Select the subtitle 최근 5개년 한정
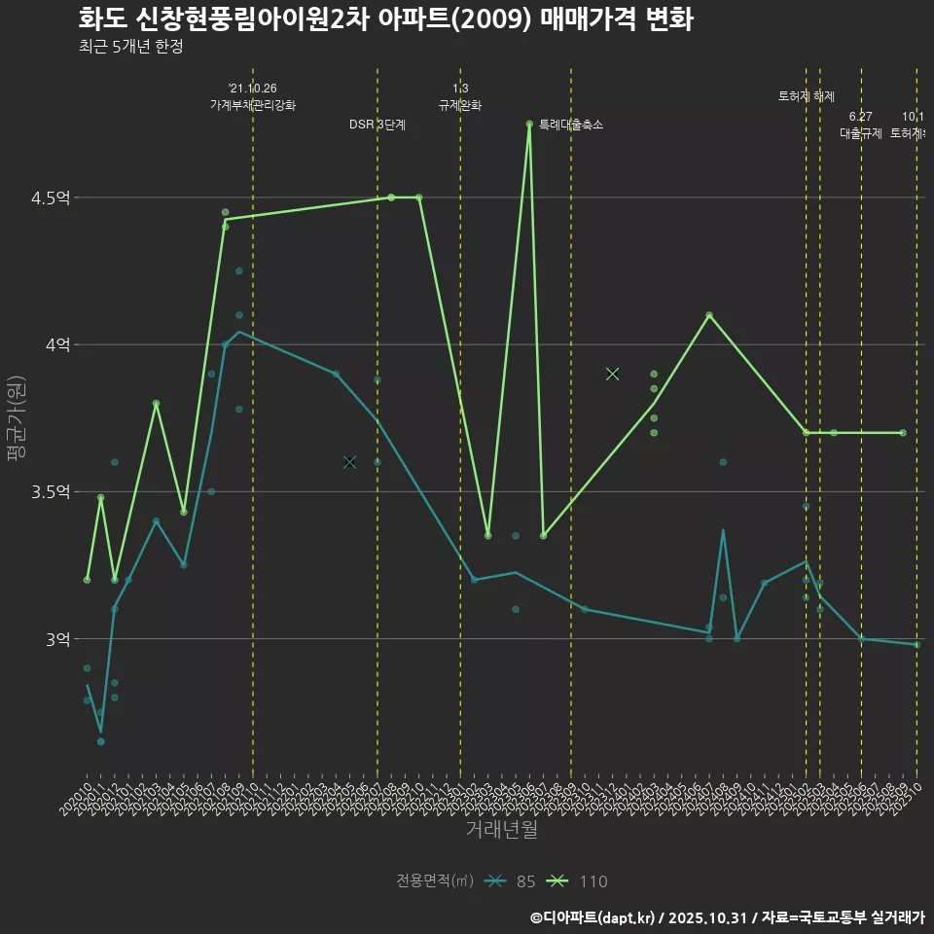[130, 47]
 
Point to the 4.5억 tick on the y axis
[50, 198]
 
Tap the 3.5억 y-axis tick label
[50, 492]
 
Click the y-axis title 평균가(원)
[17, 418]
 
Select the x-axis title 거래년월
[501, 830]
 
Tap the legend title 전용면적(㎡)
[435, 881]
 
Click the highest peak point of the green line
[529, 124]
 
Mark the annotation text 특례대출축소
[571, 125]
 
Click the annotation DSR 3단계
[377, 125]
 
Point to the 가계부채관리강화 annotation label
[253, 105]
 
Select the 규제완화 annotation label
[460, 105]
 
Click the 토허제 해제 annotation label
[807, 96]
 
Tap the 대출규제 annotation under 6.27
[861, 133]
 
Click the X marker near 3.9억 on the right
[612, 374]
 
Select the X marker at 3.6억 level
[349, 462]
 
